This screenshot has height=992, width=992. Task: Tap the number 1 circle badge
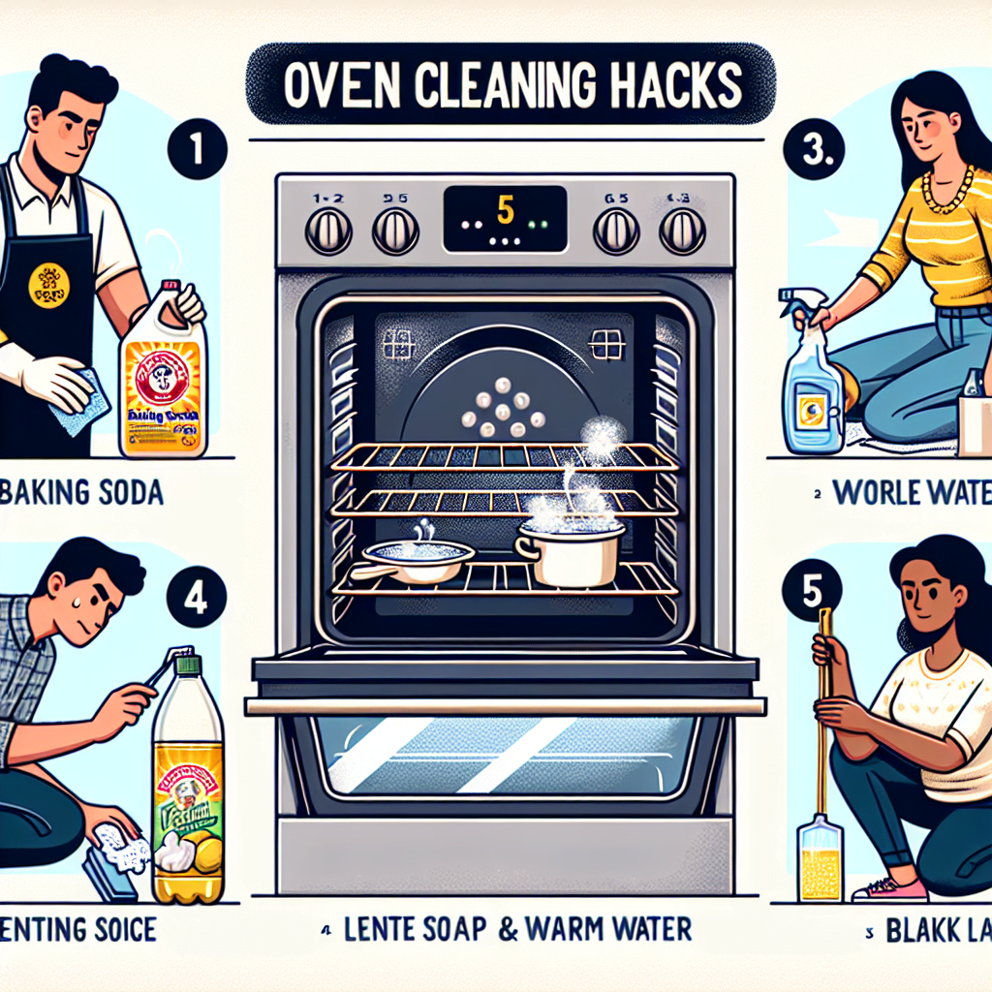(198, 151)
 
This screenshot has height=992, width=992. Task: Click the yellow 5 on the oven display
(503, 206)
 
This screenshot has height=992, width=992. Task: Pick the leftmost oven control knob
(326, 232)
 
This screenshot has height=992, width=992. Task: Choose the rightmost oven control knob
(681, 232)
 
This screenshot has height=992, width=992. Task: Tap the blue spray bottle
(812, 387)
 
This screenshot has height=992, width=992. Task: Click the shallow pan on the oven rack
(417, 561)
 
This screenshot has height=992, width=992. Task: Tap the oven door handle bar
(504, 705)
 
